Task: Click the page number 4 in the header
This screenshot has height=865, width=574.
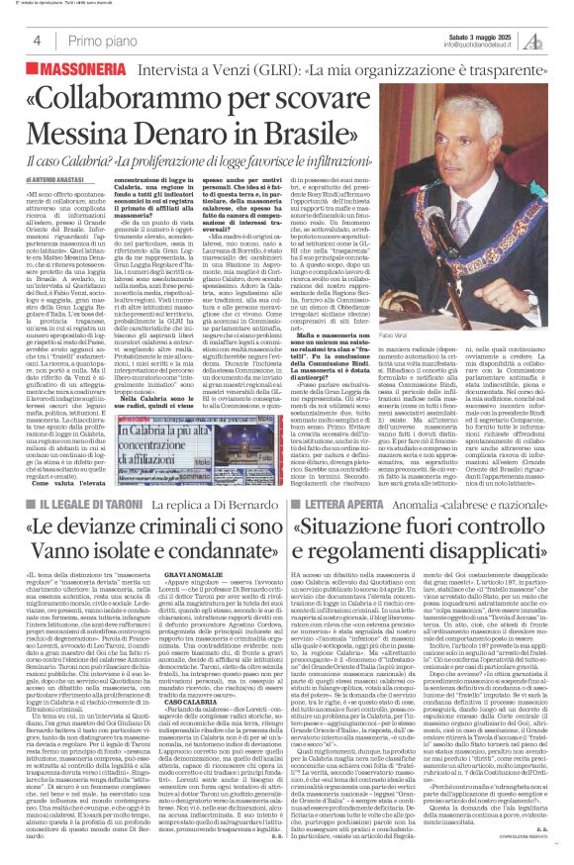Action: (37, 41)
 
